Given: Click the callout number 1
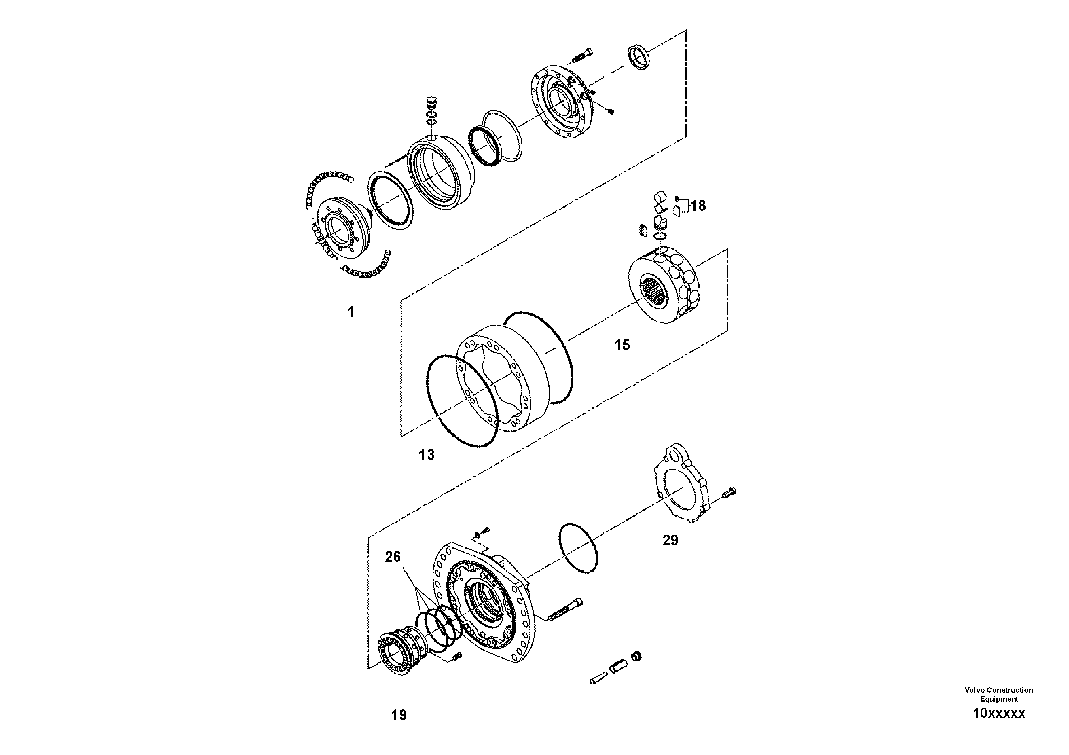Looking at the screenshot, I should pyautogui.click(x=351, y=312).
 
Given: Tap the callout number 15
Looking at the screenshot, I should pyautogui.click(x=622, y=345).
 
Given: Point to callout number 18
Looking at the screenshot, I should pyautogui.click(x=697, y=205).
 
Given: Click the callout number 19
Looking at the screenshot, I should pyautogui.click(x=399, y=715).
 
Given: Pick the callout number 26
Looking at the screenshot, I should pyautogui.click(x=392, y=557).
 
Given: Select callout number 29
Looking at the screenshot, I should pyautogui.click(x=670, y=540).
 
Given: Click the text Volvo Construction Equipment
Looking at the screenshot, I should pyautogui.click(x=999, y=694).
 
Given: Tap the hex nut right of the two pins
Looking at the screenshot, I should pyautogui.click(x=636, y=656).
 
